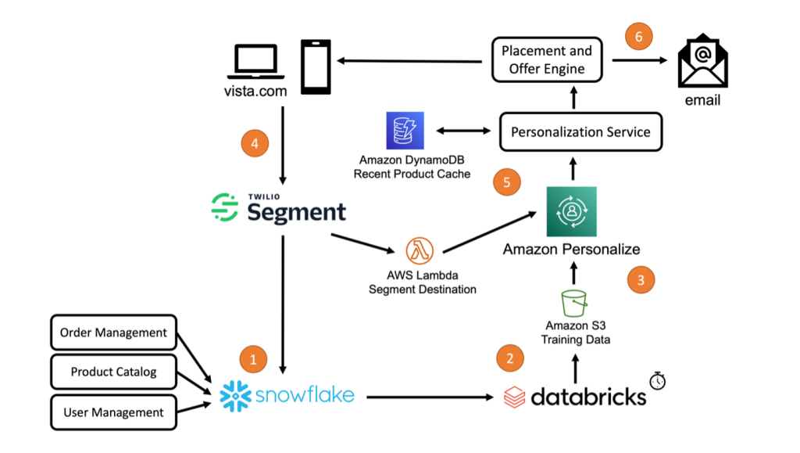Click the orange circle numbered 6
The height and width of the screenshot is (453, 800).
tap(638, 36)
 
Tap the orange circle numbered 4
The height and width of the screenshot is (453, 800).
tap(255, 143)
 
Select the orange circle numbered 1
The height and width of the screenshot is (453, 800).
tap(253, 359)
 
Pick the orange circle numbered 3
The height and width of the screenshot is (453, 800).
tap(641, 279)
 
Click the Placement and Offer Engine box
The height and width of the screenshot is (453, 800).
tap(547, 59)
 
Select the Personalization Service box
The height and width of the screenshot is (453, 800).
tap(580, 131)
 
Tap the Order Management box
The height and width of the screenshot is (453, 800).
tap(113, 333)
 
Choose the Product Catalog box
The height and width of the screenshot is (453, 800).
tap(113, 372)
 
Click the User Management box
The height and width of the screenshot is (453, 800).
tap(113, 412)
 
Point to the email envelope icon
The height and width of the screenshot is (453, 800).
tap(702, 61)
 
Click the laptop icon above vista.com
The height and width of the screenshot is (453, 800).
tap(255, 62)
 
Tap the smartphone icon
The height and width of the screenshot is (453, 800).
tap(316, 67)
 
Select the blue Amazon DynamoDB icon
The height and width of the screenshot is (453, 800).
tap(405, 131)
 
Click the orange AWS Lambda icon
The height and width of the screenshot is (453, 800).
tap(420, 251)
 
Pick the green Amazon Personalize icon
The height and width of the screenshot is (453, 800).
tap(571, 211)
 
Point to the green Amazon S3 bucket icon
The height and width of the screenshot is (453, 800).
tap(574, 304)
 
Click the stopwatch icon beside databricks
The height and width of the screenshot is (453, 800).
tap(658, 380)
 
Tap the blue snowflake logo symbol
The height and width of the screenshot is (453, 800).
tap(235, 396)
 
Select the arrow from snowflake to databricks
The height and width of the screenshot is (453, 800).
tap(430, 397)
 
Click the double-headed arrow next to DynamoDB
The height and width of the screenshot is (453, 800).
tap(463, 131)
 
